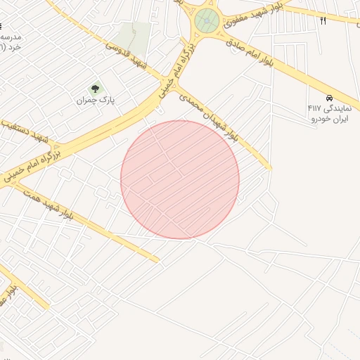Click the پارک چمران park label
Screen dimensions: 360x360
95,101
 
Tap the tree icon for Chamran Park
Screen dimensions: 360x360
95,89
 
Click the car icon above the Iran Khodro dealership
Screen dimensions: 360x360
329,97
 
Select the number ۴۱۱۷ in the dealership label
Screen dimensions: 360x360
314,108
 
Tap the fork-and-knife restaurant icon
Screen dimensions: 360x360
323,20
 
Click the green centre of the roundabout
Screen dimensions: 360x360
206,20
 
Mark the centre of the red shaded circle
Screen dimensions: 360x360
180,179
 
